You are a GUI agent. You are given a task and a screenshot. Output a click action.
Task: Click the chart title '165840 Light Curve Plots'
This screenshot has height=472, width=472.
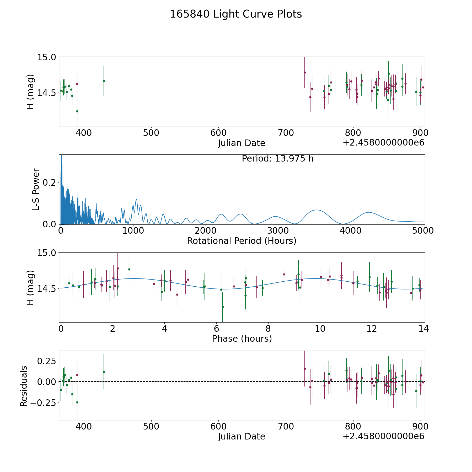tap(236, 14)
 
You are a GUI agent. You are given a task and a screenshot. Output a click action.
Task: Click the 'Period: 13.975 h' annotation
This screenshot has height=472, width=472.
tap(278, 159)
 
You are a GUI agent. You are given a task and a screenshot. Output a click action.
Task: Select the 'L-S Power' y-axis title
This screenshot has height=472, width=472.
tap(36, 189)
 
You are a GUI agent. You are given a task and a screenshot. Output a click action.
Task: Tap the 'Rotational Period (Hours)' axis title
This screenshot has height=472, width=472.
tap(242, 241)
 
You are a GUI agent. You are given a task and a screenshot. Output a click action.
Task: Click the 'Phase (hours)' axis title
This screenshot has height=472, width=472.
tap(242, 339)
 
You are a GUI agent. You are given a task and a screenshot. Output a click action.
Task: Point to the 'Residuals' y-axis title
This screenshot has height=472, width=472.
tap(24, 386)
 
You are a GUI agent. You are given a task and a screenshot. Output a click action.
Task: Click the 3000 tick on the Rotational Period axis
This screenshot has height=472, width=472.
tap(278, 230)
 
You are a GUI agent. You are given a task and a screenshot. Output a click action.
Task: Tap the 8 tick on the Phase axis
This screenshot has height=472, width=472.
tap(268, 329)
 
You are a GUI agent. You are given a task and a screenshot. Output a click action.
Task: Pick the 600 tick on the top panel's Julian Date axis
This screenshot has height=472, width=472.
tap(218, 133)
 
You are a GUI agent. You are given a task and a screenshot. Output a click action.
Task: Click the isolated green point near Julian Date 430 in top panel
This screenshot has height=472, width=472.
tap(104, 81)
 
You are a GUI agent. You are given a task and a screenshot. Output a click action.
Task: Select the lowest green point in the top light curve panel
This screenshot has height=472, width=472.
tap(77, 111)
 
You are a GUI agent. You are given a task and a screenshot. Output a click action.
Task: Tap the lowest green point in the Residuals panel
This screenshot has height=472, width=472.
tap(77, 402)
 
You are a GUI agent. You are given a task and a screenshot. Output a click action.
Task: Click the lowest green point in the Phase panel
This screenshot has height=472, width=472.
tap(223, 307)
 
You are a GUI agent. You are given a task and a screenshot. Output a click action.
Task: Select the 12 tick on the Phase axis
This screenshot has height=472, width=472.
tap(372, 329)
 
